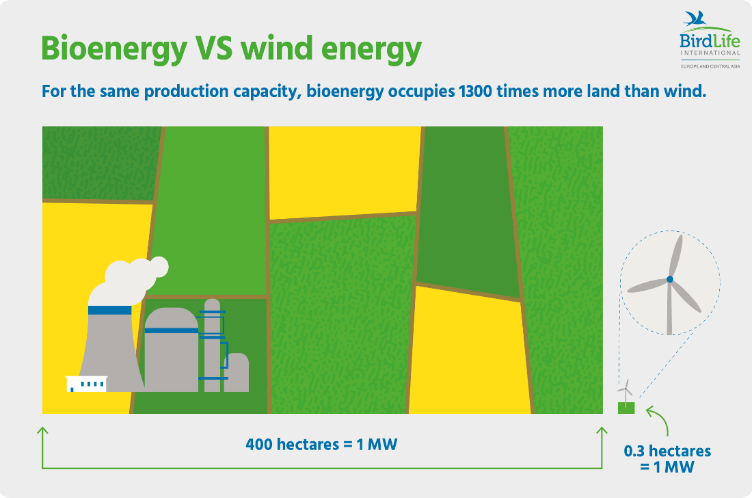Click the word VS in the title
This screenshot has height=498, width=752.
pos(214,49)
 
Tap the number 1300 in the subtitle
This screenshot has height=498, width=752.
pos(475,91)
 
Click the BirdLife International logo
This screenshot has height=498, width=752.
pos(710,40)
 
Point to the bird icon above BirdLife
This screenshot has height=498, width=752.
pos(695,19)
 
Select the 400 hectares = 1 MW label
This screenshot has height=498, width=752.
pos(321,444)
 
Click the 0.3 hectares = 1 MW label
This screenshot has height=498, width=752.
pos(667,458)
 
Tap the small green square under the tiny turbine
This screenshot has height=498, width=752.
pos(626,408)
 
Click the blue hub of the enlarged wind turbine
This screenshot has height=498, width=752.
pos(669,279)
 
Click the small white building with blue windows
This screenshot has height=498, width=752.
pos(86,384)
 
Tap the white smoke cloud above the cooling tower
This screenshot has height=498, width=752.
pos(128,281)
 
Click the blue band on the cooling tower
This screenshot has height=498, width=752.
pos(110,311)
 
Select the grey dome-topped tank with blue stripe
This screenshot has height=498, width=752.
pos(171,350)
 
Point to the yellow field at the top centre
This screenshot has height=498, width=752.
pos(345,172)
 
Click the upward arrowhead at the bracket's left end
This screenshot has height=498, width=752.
pos(42,431)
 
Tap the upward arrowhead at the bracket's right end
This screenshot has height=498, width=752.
pos(602,431)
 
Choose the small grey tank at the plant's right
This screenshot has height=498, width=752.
pos(237,372)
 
